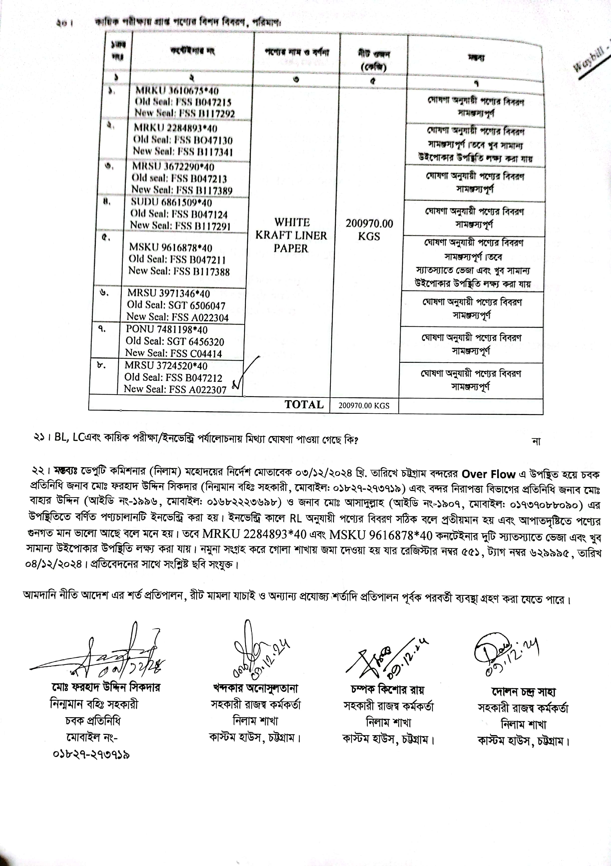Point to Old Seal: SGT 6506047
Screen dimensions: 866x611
pyautogui.click(x=176, y=305)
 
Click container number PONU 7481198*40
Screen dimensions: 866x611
pyautogui.click(x=166, y=330)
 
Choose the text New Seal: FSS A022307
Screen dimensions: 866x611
pyautogui.click(x=175, y=389)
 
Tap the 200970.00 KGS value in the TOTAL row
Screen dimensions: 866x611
pyautogui.click(x=364, y=406)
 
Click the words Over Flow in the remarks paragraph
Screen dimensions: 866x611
pyautogui.click(x=488, y=474)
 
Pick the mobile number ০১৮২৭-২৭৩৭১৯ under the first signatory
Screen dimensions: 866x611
pyautogui.click(x=92, y=755)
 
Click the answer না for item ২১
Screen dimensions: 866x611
pyautogui.click(x=536, y=441)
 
